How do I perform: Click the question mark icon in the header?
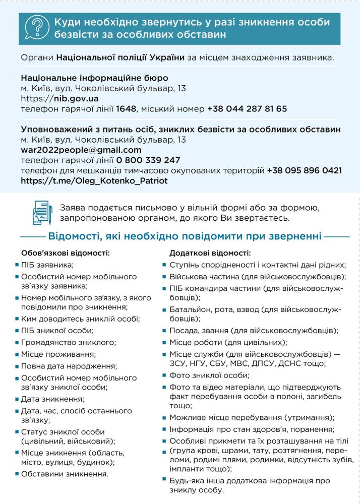pos(37,29)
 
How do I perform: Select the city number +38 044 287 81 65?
pos(247,109)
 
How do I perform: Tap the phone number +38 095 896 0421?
pos(305,170)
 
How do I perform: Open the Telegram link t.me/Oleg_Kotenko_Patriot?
pos(94,180)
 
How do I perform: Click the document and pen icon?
pos(43,213)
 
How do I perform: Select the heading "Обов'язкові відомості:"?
pos(66,253)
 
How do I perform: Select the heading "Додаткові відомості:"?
pos(210,253)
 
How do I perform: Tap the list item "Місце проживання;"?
pos(56,354)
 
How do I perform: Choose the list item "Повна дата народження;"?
pos(69,366)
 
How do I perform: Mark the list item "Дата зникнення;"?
pos(52,399)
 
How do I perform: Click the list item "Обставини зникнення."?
pos(65,474)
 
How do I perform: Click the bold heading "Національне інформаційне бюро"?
pos(95,78)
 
